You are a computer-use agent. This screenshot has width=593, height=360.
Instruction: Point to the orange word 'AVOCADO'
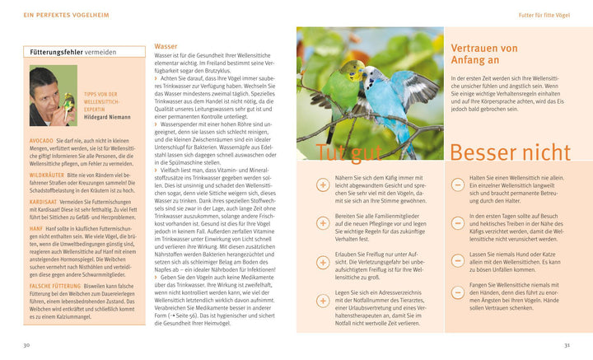coord(40,141)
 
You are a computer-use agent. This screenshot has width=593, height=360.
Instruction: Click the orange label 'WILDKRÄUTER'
coord(48,175)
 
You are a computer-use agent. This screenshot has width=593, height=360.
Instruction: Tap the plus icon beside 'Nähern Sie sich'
coord(323,185)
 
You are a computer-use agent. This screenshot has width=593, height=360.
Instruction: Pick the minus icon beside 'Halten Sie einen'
coord(458,185)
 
